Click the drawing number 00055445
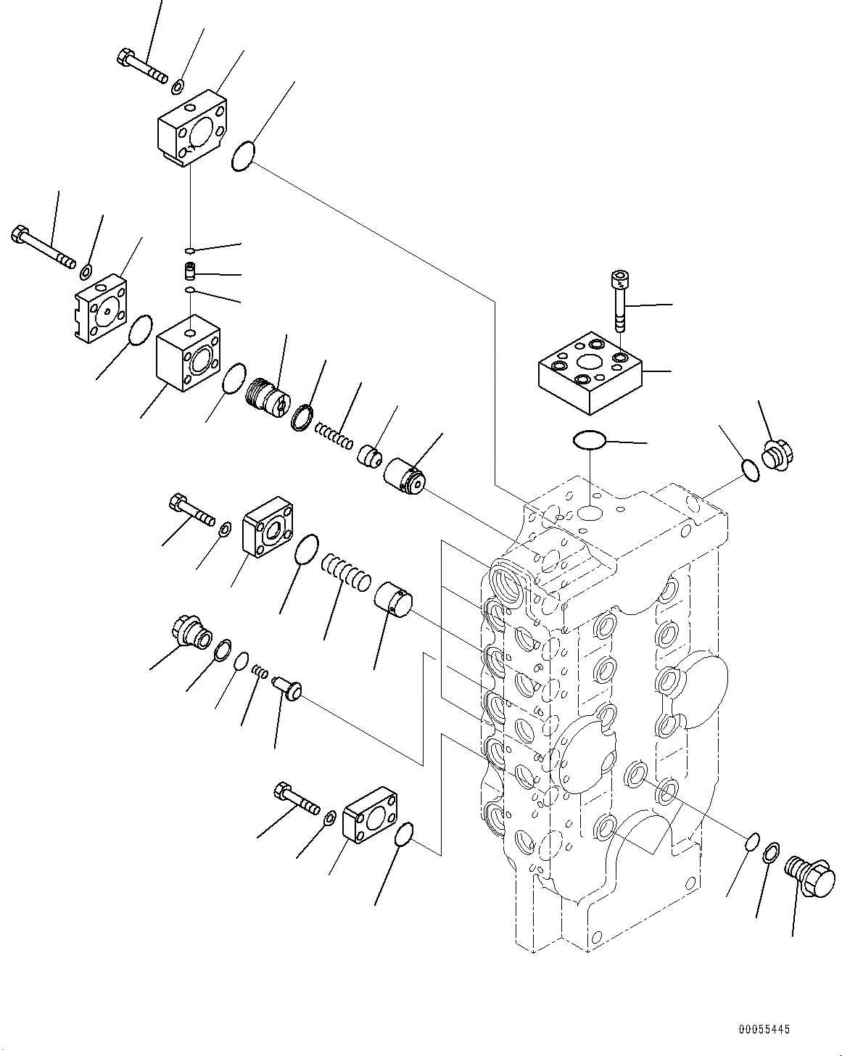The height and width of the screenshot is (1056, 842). pos(764,1028)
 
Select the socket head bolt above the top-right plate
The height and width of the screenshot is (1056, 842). pos(617,298)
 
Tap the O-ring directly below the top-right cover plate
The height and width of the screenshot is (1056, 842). pos(587,440)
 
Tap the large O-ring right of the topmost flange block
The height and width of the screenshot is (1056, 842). pos(244,157)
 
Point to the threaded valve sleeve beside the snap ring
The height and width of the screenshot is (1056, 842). pos(268,400)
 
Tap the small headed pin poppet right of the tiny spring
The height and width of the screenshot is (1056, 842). pos(288,687)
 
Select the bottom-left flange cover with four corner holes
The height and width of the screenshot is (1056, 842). pos(371,815)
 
